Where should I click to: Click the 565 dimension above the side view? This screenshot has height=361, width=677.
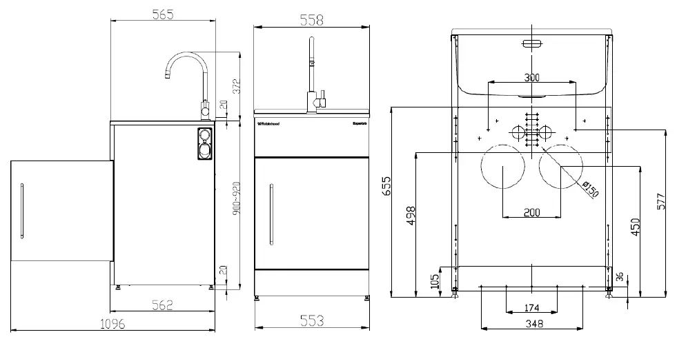click(x=164, y=14)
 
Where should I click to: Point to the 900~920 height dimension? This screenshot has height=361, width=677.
click(x=235, y=200)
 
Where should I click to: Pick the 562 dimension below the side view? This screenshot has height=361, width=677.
click(x=160, y=305)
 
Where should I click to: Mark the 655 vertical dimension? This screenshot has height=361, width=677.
click(x=386, y=187)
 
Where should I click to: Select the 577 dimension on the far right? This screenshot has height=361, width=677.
click(x=660, y=201)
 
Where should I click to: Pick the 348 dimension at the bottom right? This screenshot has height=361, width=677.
click(x=532, y=322)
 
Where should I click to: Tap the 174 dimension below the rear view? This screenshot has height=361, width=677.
click(x=531, y=307)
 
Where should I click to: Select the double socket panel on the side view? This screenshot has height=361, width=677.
click(x=205, y=143)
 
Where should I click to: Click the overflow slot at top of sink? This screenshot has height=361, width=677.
click(x=531, y=44)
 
